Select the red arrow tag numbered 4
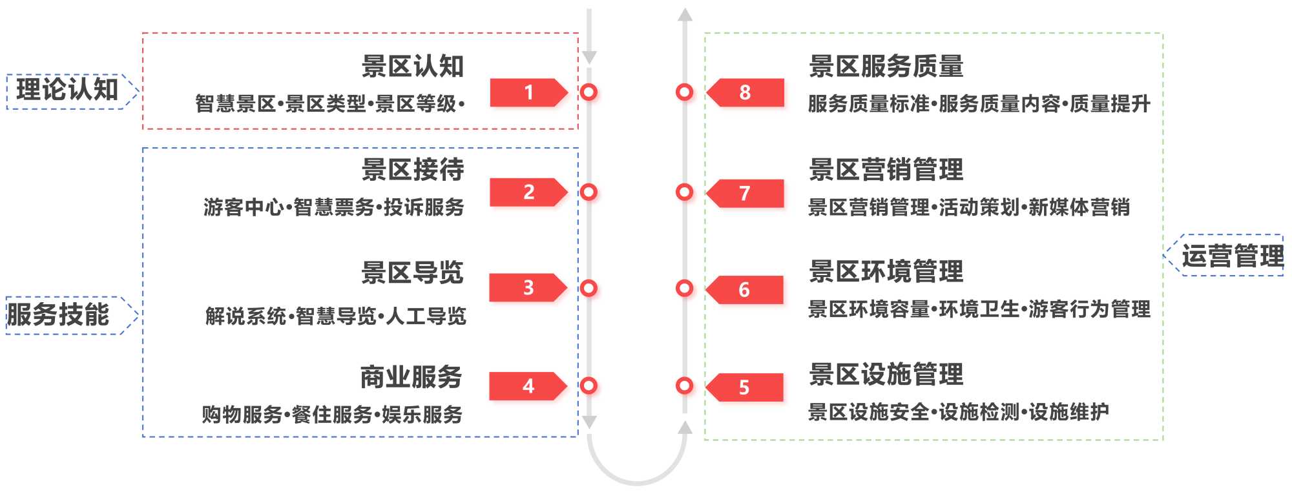tap(527, 386)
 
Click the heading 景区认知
tap(412, 67)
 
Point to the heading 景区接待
tap(412, 170)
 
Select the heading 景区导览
tap(412, 273)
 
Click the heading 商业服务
tap(411, 377)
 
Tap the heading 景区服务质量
tap(886, 67)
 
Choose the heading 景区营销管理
tap(886, 170)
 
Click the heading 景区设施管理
tap(886, 375)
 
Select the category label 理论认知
tap(67, 90)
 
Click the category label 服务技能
tap(58, 315)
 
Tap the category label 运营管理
tap(1232, 256)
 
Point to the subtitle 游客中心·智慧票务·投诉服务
tap(333, 207)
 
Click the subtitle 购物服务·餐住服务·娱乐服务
tap(332, 415)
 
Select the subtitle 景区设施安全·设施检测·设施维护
tap(958, 412)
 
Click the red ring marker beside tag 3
tap(589, 288)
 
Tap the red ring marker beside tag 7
tap(684, 192)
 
